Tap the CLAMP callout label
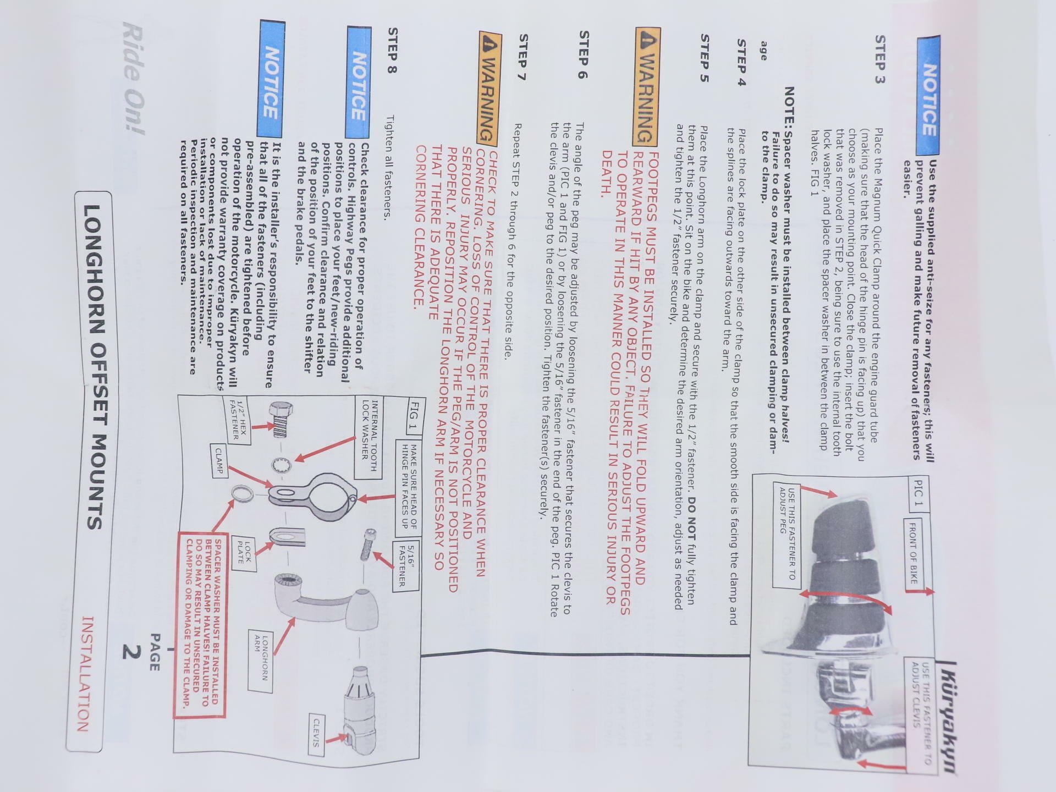[x=219, y=461]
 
